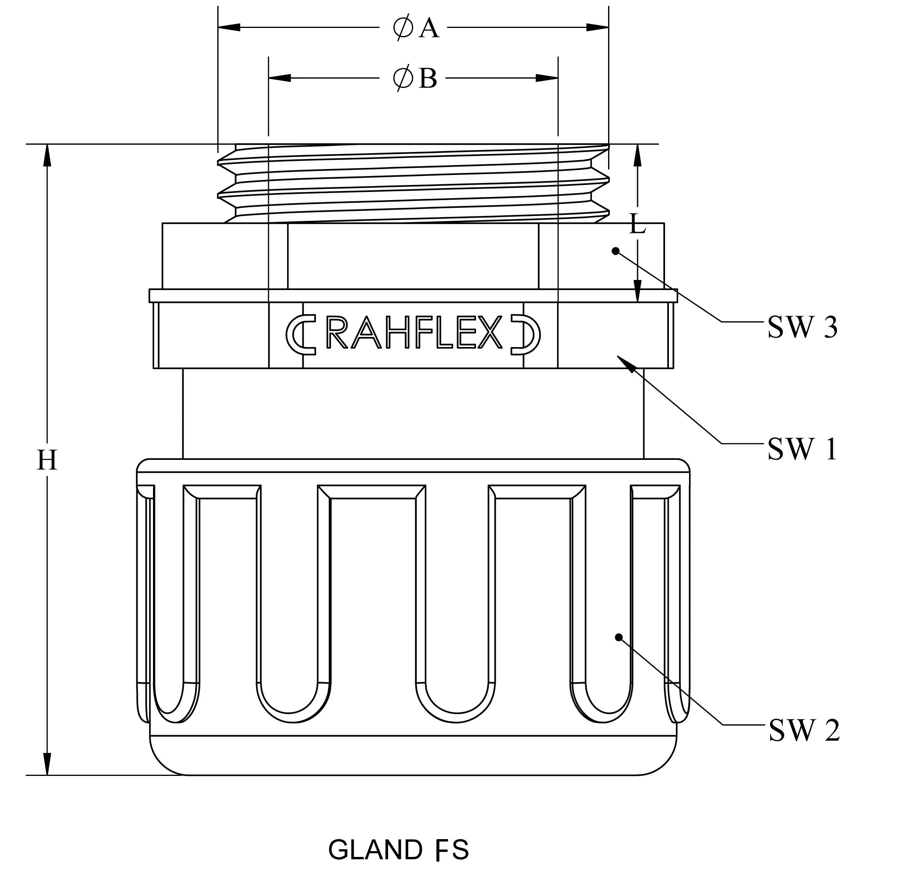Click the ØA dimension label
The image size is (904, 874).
click(x=416, y=29)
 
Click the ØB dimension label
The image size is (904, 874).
click(x=415, y=78)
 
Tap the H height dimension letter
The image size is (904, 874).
click(x=46, y=461)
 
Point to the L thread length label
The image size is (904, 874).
click(x=638, y=225)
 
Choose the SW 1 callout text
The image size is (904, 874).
click(x=802, y=448)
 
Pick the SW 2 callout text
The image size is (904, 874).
click(x=804, y=731)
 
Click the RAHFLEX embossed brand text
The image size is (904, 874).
click(x=414, y=333)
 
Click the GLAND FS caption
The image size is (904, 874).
click(x=399, y=850)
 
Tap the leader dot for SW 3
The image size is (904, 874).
click(x=615, y=251)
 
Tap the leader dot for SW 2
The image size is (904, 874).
click(x=619, y=637)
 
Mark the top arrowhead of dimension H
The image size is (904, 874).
click(x=46, y=155)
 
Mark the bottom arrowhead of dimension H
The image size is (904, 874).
click(x=46, y=764)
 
